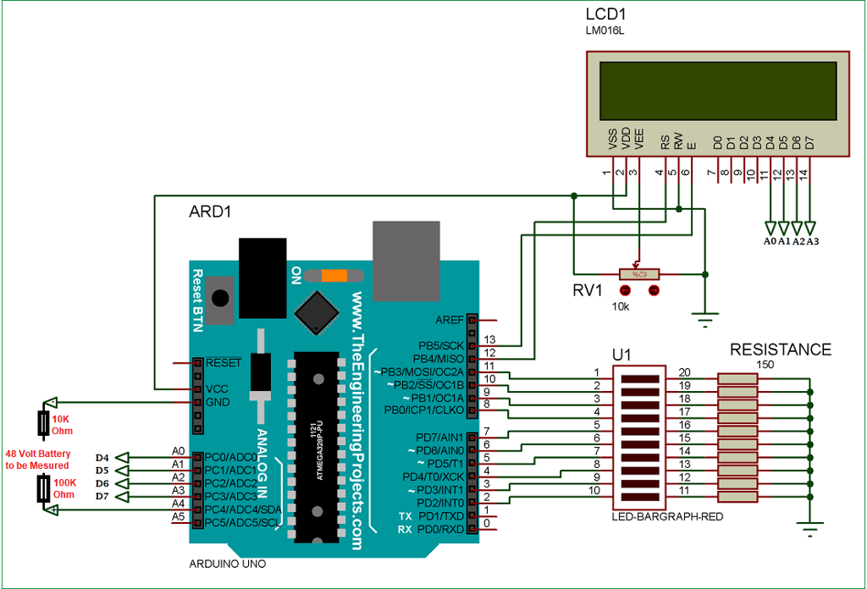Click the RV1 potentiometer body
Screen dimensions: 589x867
[x=639, y=274]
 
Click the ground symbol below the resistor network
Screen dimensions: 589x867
[x=811, y=530]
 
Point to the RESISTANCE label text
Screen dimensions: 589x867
[x=781, y=350]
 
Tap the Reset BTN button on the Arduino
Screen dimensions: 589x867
[x=221, y=298]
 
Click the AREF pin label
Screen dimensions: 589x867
[x=450, y=321]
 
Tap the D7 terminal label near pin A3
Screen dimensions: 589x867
[x=102, y=496]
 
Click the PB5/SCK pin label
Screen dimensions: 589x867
[x=441, y=346]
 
